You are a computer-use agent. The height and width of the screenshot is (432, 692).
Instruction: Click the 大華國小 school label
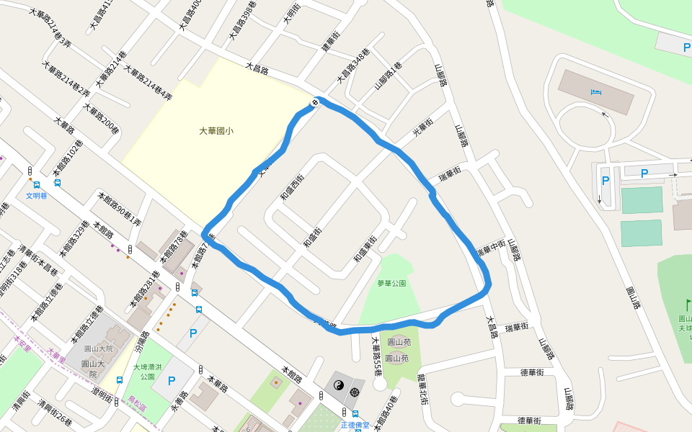pyautogui.click(x=216, y=131)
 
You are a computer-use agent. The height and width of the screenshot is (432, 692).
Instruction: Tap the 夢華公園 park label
pyautogui.click(x=391, y=283)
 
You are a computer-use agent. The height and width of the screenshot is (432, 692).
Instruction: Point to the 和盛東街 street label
pyautogui.click(x=364, y=249)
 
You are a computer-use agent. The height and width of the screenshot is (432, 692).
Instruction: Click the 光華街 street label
pyautogui.click(x=422, y=130)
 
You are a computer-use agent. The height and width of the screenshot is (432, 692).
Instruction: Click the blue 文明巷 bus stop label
pyautogui.click(x=36, y=195)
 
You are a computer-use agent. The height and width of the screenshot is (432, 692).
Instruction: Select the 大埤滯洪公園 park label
pyautogui.click(x=148, y=372)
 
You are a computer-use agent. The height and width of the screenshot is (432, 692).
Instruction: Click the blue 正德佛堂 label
pyautogui.click(x=355, y=425)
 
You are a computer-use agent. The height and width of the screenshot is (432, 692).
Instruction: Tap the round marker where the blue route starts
pyautogui.click(x=315, y=104)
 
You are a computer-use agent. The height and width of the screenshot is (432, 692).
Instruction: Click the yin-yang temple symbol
pyautogui.click(x=337, y=387)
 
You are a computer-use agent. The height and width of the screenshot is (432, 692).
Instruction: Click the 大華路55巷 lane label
pyautogui.click(x=376, y=357)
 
